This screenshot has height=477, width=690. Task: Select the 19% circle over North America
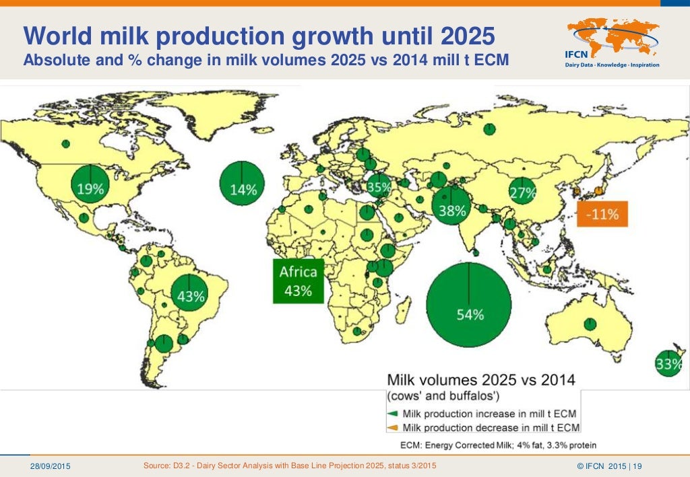click(x=90, y=183)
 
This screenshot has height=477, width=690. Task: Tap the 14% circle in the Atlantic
click(x=243, y=182)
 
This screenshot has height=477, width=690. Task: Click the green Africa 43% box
click(x=298, y=281)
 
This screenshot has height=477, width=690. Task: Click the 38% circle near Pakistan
click(x=451, y=206)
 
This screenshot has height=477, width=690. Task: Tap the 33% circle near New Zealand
click(x=668, y=363)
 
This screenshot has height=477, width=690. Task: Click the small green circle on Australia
click(x=590, y=324)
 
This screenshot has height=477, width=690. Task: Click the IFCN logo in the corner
click(x=613, y=43)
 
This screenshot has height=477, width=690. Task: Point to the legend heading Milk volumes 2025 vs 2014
click(x=480, y=379)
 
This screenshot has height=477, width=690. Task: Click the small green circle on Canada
click(x=66, y=143)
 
